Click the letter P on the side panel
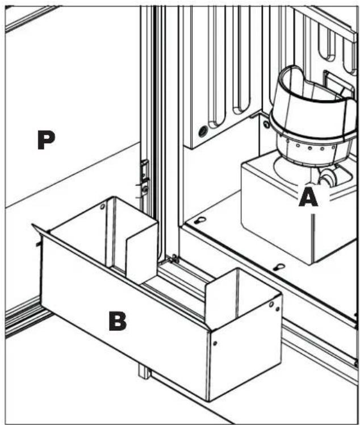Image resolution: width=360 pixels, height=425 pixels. (46, 140)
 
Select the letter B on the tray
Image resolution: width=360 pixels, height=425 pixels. (118, 321)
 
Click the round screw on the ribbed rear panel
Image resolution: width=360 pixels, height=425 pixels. (203, 131)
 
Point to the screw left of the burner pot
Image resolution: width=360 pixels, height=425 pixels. (266, 124)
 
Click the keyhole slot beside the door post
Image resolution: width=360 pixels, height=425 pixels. (200, 220)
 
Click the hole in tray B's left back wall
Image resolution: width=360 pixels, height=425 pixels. (102, 207)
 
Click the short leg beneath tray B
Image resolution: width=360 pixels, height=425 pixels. (144, 371)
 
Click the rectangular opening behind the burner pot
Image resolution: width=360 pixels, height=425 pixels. (336, 82)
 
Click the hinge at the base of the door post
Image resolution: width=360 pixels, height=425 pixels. (173, 259)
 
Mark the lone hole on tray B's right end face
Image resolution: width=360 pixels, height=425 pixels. (215, 343)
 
